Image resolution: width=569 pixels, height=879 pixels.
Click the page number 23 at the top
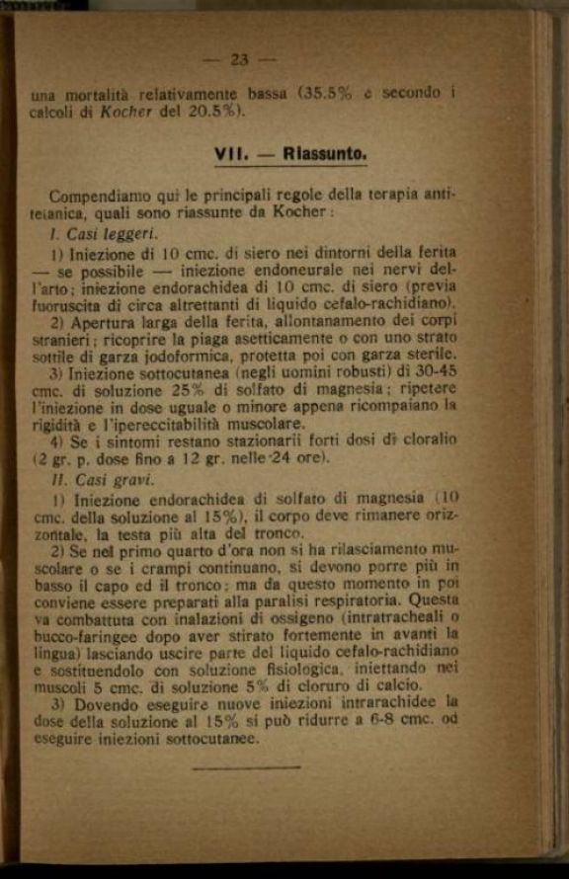[x=239, y=59]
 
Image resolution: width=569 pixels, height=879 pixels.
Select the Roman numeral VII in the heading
[x=232, y=154]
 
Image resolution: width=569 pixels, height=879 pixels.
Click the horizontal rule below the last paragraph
[x=247, y=766]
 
